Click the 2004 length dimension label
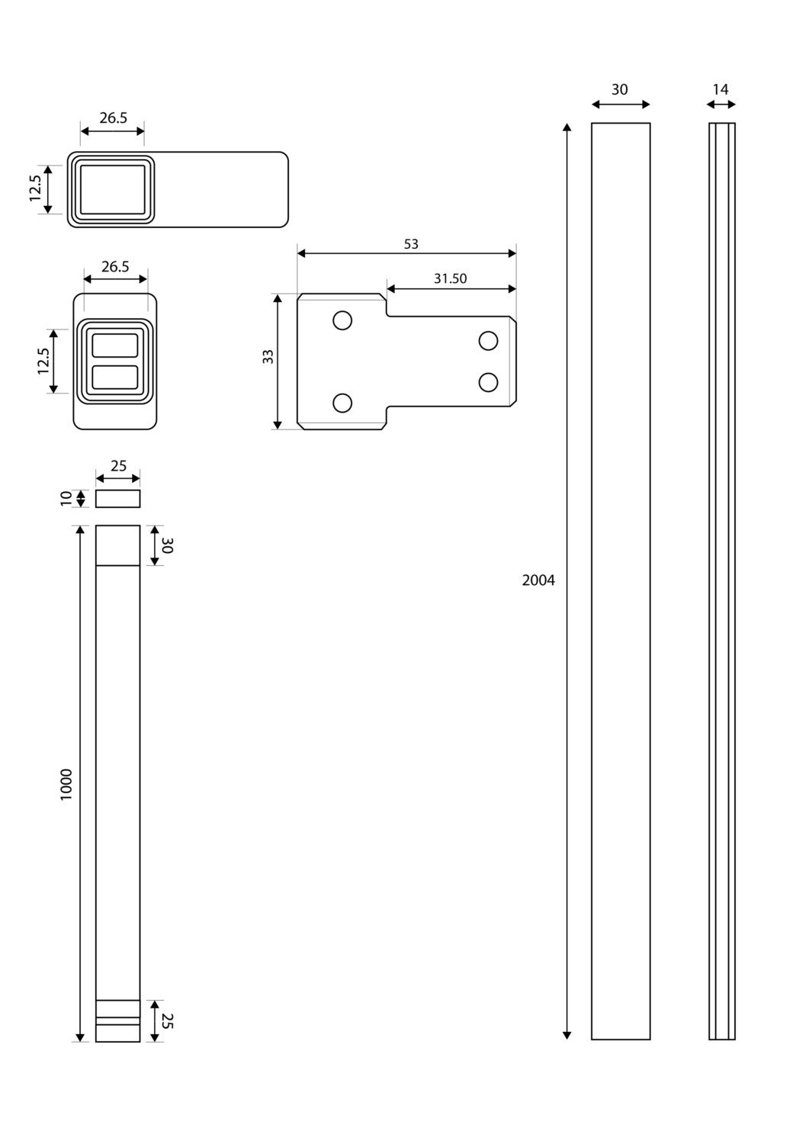538,580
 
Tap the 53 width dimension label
411,244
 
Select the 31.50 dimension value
450,278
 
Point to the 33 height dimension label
268,356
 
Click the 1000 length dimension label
66,785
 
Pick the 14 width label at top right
720,89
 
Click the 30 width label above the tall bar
619,89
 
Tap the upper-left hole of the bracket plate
342,321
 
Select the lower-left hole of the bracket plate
342,403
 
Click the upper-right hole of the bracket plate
488,341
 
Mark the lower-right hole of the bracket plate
488,382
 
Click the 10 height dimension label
66,499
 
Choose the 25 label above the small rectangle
118,466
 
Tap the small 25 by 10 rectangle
117,499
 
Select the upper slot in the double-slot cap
115,345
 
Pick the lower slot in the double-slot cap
115,378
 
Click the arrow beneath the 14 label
721,104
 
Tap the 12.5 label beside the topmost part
35,188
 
